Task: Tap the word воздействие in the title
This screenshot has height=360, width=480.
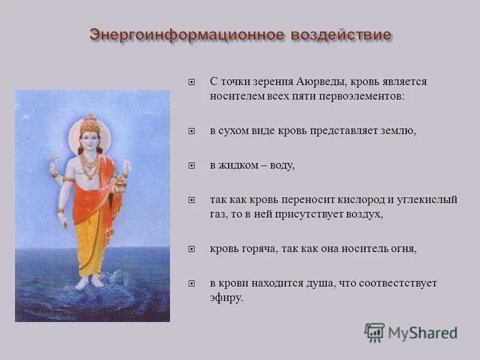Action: pos(340,34)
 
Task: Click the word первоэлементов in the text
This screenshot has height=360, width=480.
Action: pos(367,95)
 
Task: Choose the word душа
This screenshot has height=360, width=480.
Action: pos(323,283)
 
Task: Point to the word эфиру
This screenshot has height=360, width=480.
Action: pos(226,297)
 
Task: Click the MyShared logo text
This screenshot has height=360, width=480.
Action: pos(422,332)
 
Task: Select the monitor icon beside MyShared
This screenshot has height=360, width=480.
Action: pos(374,332)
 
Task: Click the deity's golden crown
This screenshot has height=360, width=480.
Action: pos(89,124)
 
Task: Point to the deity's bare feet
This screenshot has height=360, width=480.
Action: pos(89,282)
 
